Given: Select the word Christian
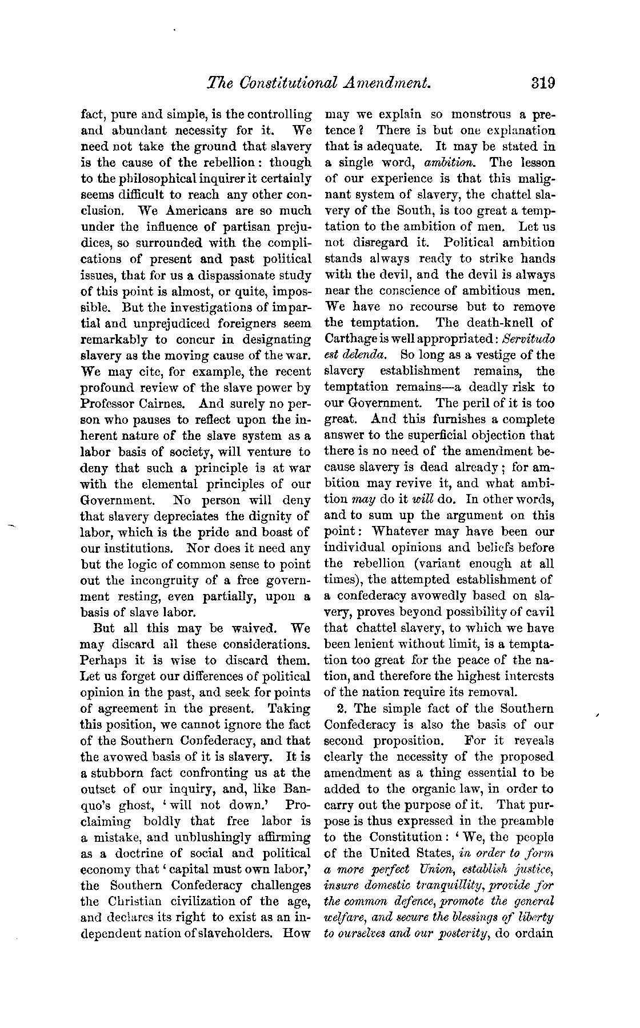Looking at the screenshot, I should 132,902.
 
